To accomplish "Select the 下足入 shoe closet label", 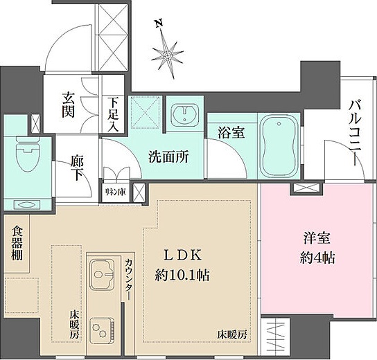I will (x=113, y=114).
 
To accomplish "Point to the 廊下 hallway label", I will (x=76, y=168).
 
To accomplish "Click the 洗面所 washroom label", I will (x=169, y=156).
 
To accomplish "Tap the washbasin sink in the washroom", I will (x=184, y=116).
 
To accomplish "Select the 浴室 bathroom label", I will (x=231, y=132).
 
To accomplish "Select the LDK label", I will (x=184, y=254).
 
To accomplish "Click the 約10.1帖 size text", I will (x=184, y=274).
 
